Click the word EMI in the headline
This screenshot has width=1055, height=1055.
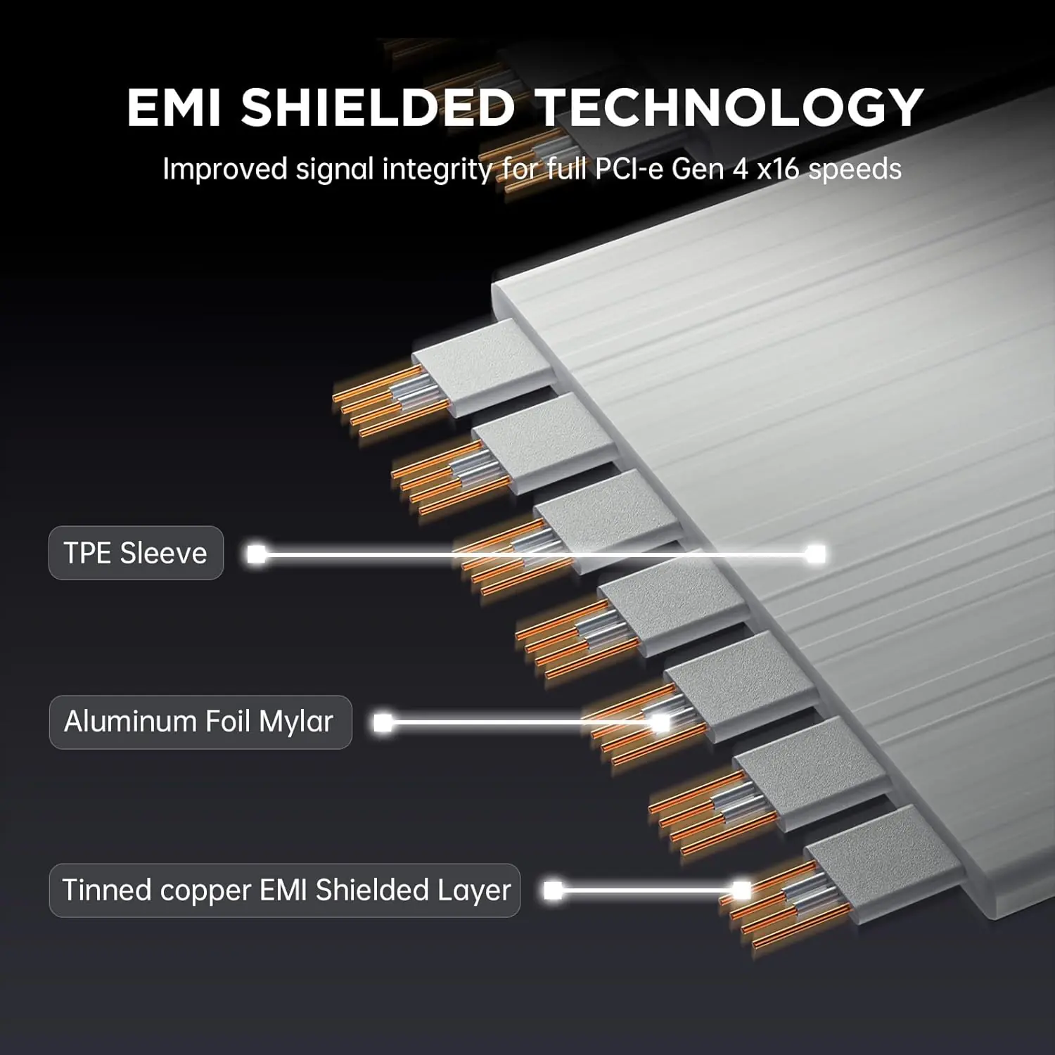174,108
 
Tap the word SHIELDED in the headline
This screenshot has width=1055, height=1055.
378,108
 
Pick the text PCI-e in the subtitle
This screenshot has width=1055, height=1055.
629,170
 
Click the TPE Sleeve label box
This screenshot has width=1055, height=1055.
136,553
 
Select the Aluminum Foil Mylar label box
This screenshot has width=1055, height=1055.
200,722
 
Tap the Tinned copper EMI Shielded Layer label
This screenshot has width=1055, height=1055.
285,890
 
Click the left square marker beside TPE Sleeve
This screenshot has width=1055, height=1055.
256,554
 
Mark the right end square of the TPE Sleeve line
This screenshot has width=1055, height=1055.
816,554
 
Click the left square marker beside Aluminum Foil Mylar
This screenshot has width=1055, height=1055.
383,722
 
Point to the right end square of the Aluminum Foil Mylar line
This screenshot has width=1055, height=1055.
660,722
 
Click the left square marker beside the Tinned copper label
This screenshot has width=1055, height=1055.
554,890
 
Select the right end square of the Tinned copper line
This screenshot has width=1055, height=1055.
741,890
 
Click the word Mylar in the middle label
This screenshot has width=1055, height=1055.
295,722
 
